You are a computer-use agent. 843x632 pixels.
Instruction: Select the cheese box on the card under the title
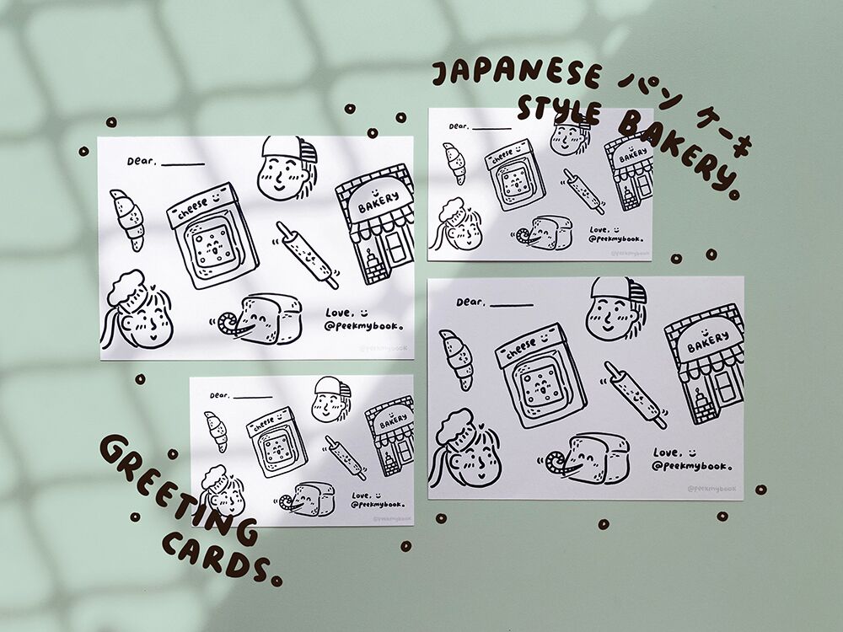point(513,175)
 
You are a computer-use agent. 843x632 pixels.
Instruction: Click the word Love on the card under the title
point(599,228)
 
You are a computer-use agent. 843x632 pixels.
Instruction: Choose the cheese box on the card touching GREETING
point(271,440)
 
